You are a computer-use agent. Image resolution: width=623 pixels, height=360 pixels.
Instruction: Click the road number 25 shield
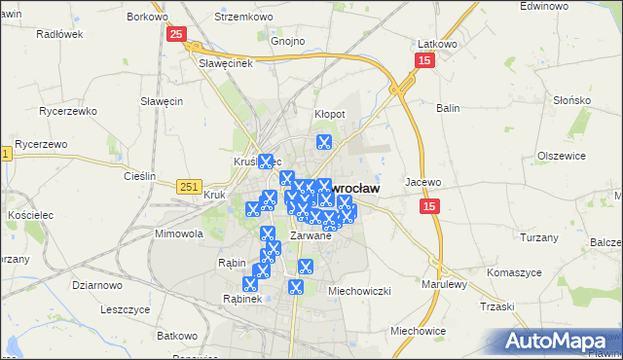(x=175, y=35)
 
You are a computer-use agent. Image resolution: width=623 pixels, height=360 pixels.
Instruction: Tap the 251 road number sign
(x=191, y=186)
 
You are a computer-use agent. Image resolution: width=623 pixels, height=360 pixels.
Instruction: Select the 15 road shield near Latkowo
(x=424, y=61)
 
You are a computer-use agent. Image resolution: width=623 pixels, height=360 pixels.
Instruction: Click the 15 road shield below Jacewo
(x=429, y=206)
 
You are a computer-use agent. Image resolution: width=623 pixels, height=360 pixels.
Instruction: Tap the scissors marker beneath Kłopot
(x=323, y=142)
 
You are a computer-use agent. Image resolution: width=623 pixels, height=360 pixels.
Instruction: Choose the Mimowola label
(x=178, y=234)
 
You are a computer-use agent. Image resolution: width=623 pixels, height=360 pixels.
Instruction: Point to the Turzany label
(x=538, y=238)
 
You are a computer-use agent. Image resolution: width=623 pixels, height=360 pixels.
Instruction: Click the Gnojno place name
(x=288, y=42)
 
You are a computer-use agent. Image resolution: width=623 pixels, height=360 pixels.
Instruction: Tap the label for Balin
(x=449, y=108)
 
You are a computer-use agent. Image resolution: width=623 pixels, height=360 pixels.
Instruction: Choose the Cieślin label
(x=140, y=176)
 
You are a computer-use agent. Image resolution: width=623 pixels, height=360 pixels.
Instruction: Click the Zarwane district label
(x=312, y=234)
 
